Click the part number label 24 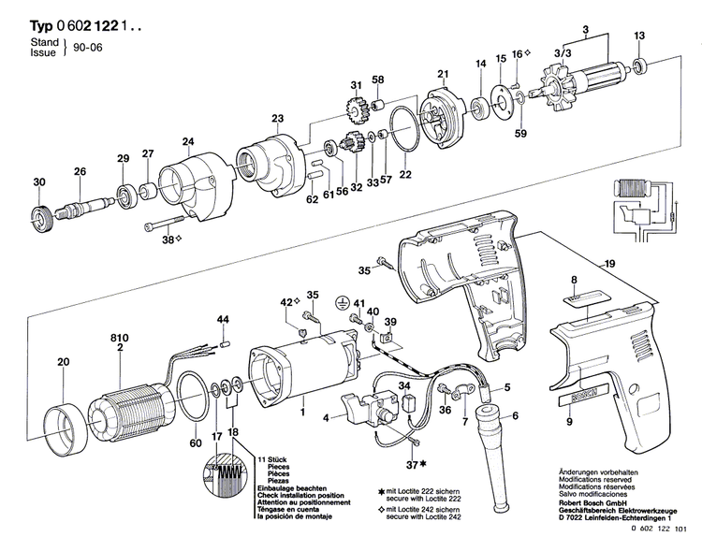click(187, 142)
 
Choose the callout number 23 click(277, 118)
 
